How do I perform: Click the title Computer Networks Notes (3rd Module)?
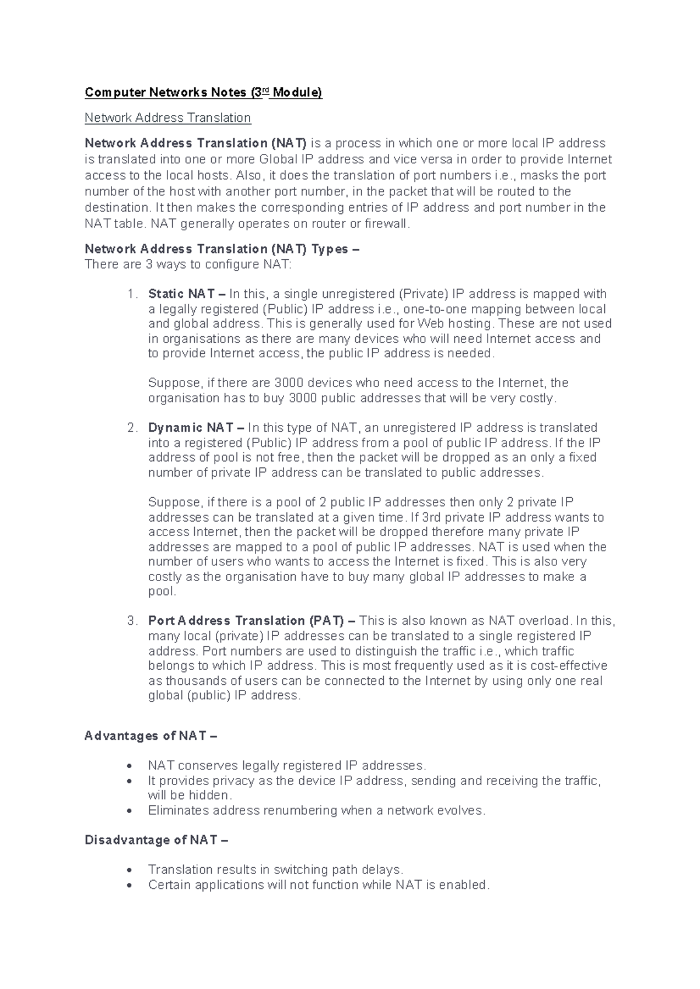[x=203, y=92]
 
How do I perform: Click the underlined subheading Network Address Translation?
[x=167, y=118]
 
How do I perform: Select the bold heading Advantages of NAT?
[x=150, y=736]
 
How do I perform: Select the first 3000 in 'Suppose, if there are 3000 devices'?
[x=289, y=383]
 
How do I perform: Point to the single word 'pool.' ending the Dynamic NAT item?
[x=162, y=592]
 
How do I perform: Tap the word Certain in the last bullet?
[x=169, y=885]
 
